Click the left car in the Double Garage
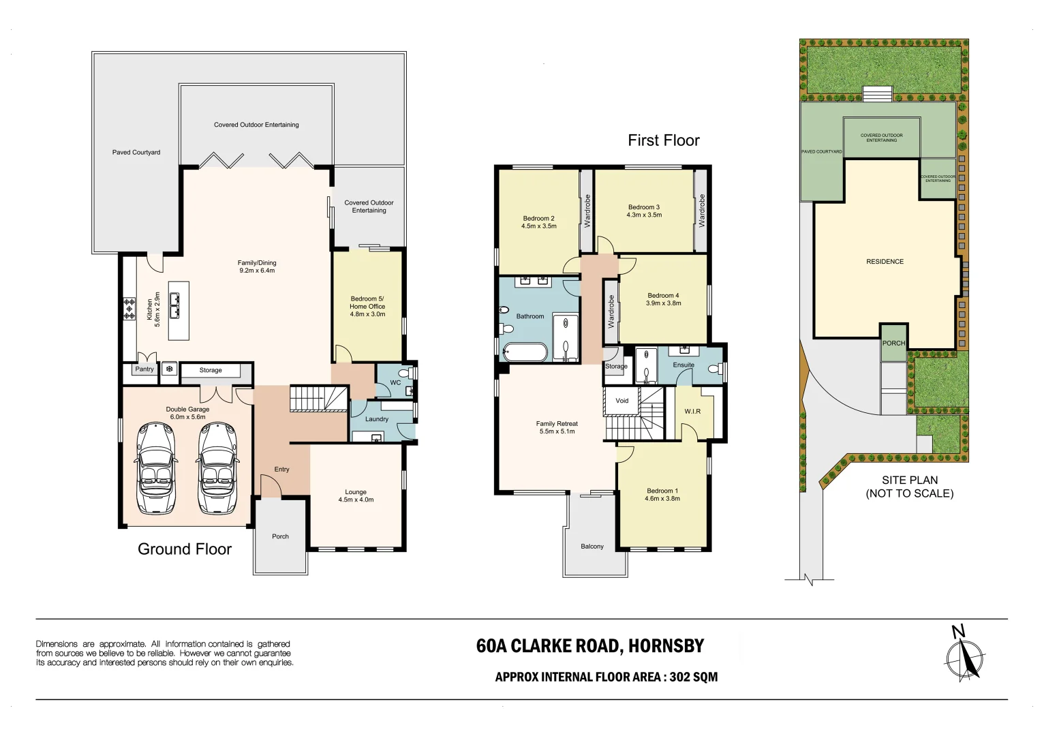click(156, 467)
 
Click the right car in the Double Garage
click(217, 467)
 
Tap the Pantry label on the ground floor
click(144, 369)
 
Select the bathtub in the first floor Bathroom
click(525, 352)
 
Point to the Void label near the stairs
click(621, 401)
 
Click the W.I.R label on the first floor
click(692, 412)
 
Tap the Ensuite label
click(684, 365)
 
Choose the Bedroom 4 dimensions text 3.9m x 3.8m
click(663, 303)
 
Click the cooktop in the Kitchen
click(129, 309)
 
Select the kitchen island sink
click(175, 305)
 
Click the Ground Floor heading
click(185, 549)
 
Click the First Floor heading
click(663, 140)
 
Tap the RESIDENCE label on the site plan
click(885, 262)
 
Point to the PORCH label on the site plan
click(893, 343)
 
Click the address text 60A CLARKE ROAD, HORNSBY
click(589, 646)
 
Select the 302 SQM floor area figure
click(693, 677)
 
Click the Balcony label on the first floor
click(592, 547)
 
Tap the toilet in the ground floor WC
click(404, 373)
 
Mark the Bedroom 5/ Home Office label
click(367, 303)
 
